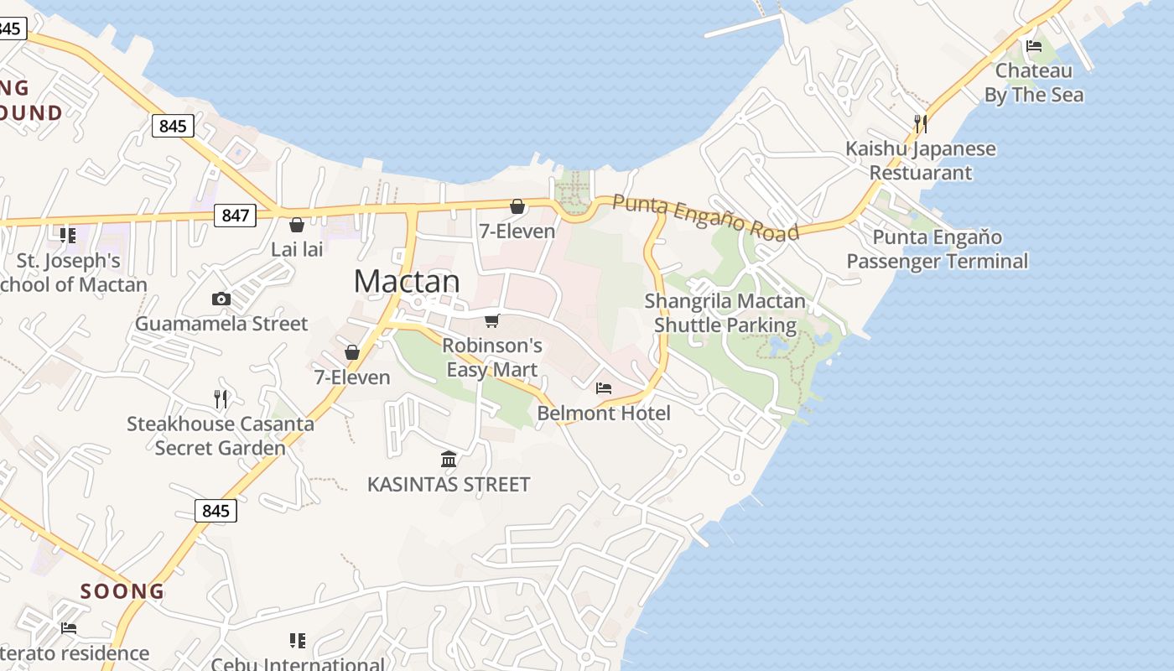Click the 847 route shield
pos(235,216)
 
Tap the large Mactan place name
pos(407,281)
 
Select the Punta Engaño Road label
pos(705,216)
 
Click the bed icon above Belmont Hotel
pos(604,388)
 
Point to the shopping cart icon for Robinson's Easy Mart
pos(492,320)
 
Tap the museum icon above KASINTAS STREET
pos(449,460)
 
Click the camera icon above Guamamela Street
pos(221,299)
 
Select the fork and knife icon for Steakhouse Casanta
pos(221,399)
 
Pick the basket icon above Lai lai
pos(296,225)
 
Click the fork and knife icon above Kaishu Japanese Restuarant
pos(920,124)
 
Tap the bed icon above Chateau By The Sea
pos(1033,46)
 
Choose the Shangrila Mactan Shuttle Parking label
pos(725,313)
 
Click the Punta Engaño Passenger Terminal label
pos(937,249)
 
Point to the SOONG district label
pos(122,591)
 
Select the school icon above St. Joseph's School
pos(67,236)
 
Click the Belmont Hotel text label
pos(604,413)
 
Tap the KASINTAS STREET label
pos(449,484)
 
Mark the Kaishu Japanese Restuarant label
pos(921,160)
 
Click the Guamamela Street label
pos(221,324)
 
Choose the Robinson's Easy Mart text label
pos(492,357)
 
